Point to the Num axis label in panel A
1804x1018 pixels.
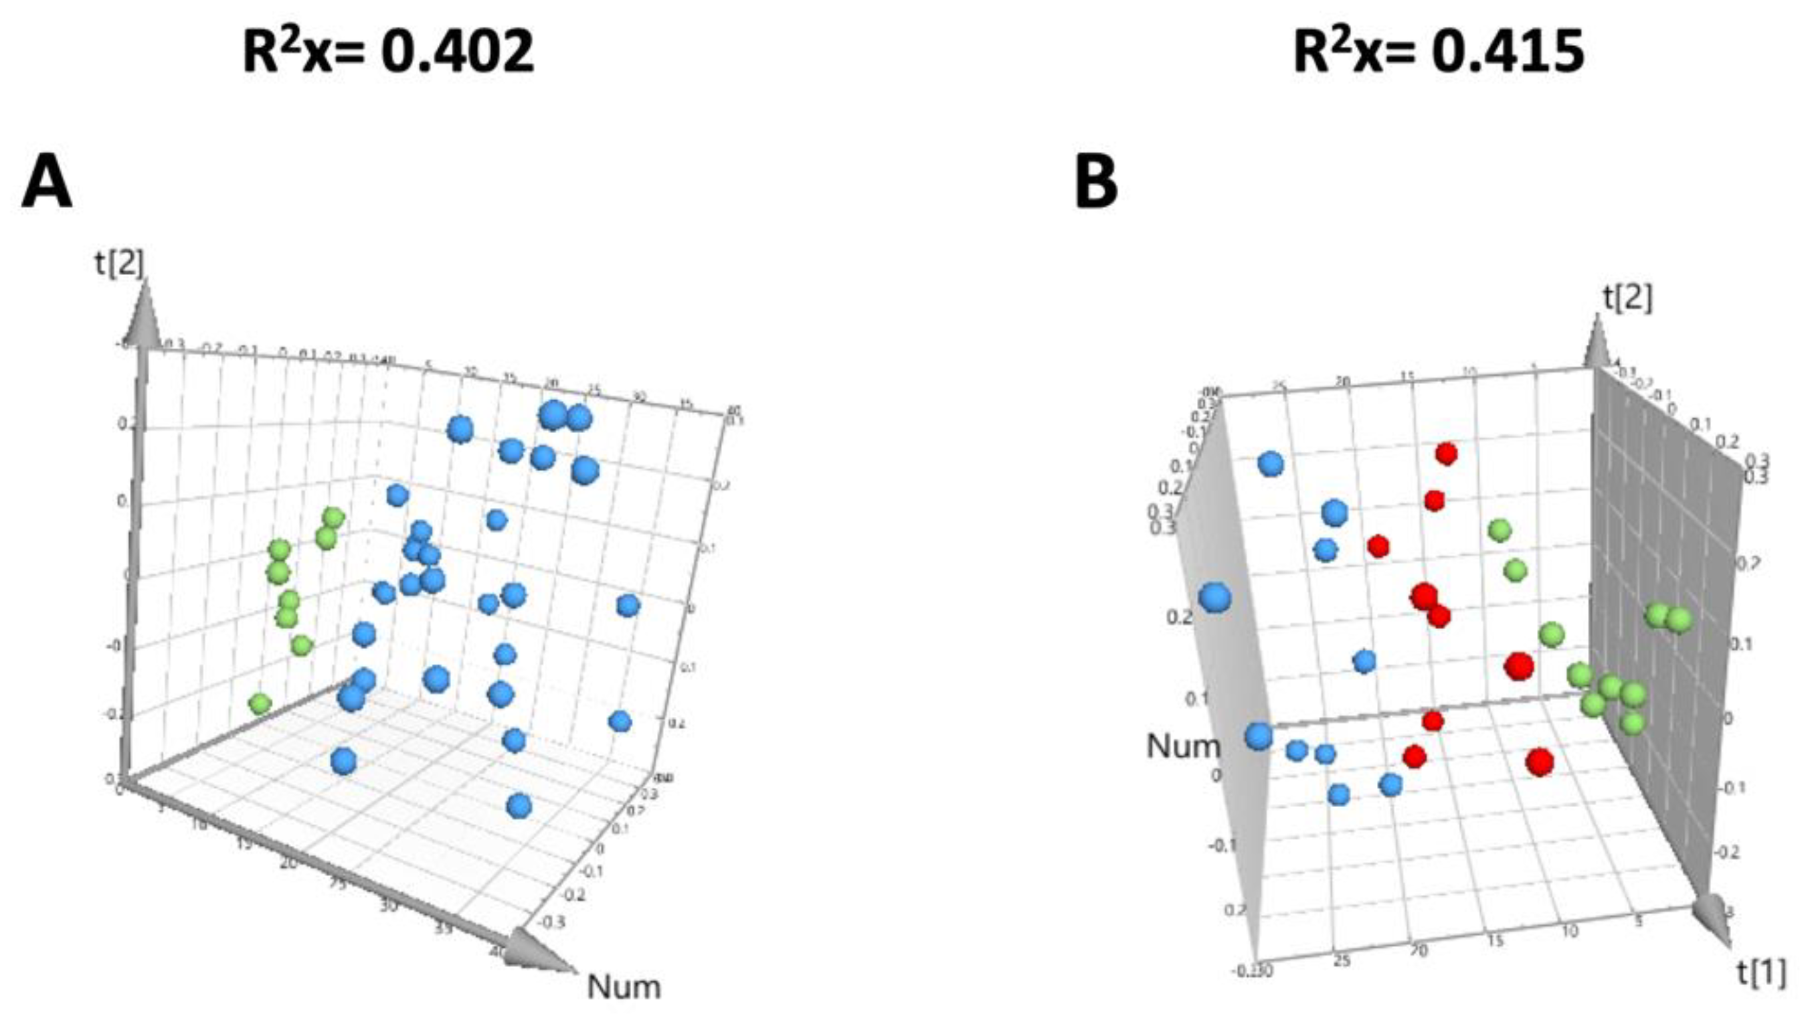[623, 987]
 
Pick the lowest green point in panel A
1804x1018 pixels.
[260, 703]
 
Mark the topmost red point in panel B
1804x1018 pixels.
[1446, 454]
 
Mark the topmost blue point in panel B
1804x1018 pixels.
[1271, 463]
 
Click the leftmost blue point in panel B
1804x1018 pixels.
[1214, 598]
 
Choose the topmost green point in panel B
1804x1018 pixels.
[1499, 530]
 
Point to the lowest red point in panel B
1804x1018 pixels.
[1539, 762]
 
